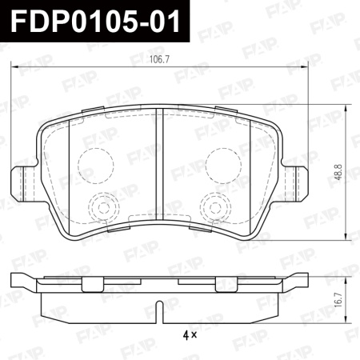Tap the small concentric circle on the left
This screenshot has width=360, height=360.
click(101, 206)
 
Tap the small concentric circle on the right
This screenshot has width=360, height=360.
click(214, 206)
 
